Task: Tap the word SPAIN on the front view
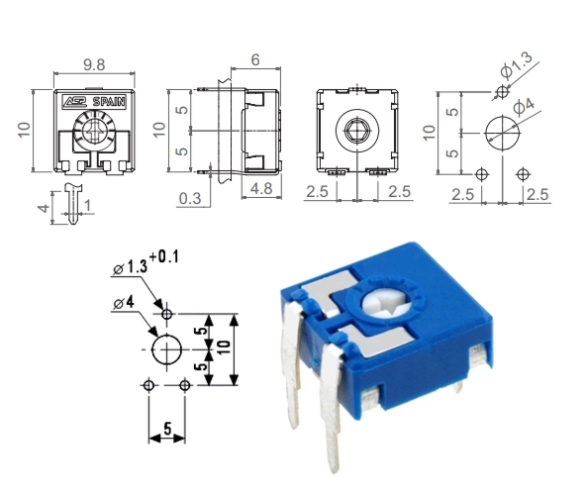[x=108, y=101]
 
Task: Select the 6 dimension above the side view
[x=255, y=60]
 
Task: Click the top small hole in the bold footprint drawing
[x=166, y=314]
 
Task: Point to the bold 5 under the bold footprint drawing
[x=167, y=430]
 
